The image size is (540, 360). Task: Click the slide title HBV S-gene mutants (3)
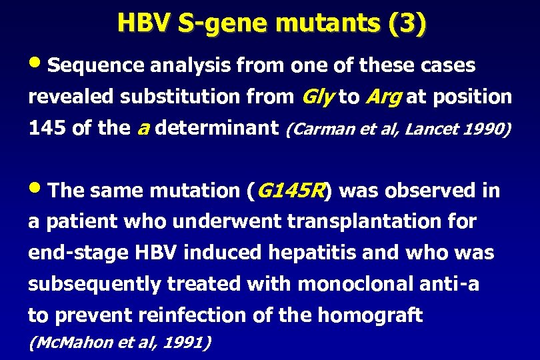coord(271,23)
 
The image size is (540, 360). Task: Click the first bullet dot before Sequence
coord(37,65)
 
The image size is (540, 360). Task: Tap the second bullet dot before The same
coord(37,189)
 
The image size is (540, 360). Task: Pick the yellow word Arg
coord(383,97)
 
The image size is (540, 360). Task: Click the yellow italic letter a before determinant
coord(141,128)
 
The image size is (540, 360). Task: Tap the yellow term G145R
coord(289,191)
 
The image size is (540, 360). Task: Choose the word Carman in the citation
coord(317,129)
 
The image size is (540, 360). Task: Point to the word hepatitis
coord(305,253)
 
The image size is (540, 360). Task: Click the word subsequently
coord(95,284)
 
